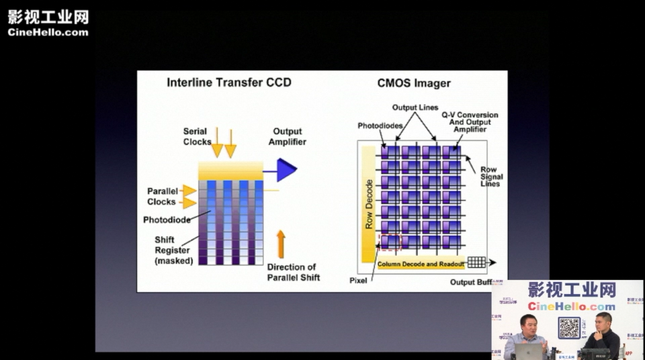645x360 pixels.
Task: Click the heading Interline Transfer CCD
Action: coord(229,83)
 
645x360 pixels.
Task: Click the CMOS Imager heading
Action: coord(414,83)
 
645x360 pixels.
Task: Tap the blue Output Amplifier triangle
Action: coord(286,171)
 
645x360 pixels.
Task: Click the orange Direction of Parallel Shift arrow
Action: coord(281,244)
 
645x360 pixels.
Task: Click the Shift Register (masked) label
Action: coord(173,250)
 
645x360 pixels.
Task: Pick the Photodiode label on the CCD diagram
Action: coord(167,220)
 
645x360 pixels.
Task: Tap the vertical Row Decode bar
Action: coord(369,204)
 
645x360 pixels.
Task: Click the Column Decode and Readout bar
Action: coord(421,264)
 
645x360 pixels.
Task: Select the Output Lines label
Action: coord(415,107)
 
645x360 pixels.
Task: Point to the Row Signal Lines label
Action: coord(491,177)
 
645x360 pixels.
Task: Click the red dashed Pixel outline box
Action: coord(390,242)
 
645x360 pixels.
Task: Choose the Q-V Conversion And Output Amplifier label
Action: coord(470,122)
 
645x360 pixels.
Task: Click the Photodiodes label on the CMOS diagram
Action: coord(380,126)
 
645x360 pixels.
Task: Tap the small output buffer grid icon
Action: coord(476,263)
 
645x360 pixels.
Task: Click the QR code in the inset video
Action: coord(569,328)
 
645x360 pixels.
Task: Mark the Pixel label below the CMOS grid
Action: coord(358,280)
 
